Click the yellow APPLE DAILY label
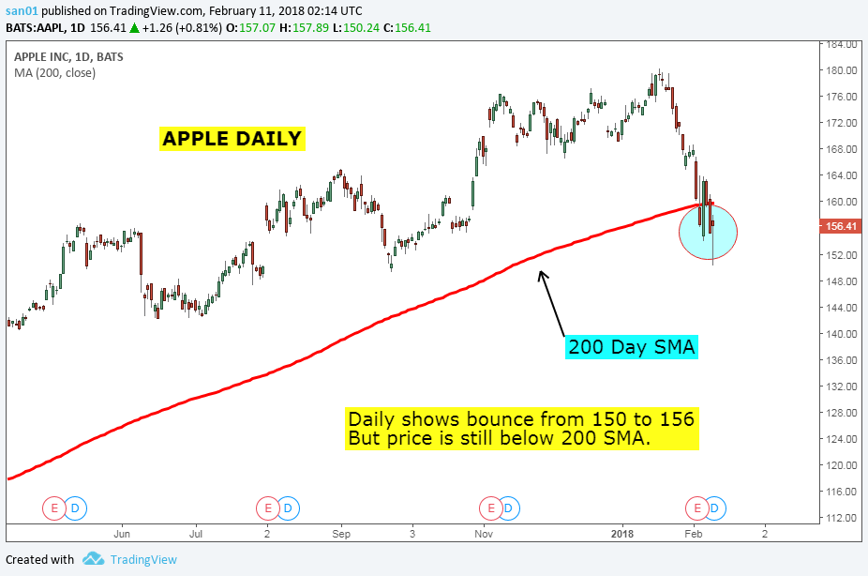point(232,139)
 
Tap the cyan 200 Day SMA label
point(631,347)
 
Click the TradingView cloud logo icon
point(93,559)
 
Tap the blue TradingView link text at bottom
point(142,560)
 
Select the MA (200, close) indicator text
point(54,72)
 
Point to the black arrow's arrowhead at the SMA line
point(539,273)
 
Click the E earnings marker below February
point(697,508)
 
